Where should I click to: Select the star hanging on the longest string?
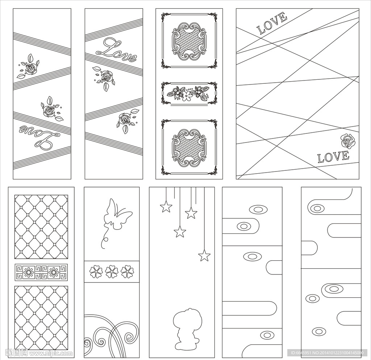point(204,255)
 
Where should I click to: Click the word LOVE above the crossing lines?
point(272,24)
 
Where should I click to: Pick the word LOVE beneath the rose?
point(333,157)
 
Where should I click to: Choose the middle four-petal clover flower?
point(112,272)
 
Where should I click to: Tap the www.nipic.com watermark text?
point(50,353)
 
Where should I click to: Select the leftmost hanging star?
point(166,206)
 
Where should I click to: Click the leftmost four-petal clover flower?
point(96,272)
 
